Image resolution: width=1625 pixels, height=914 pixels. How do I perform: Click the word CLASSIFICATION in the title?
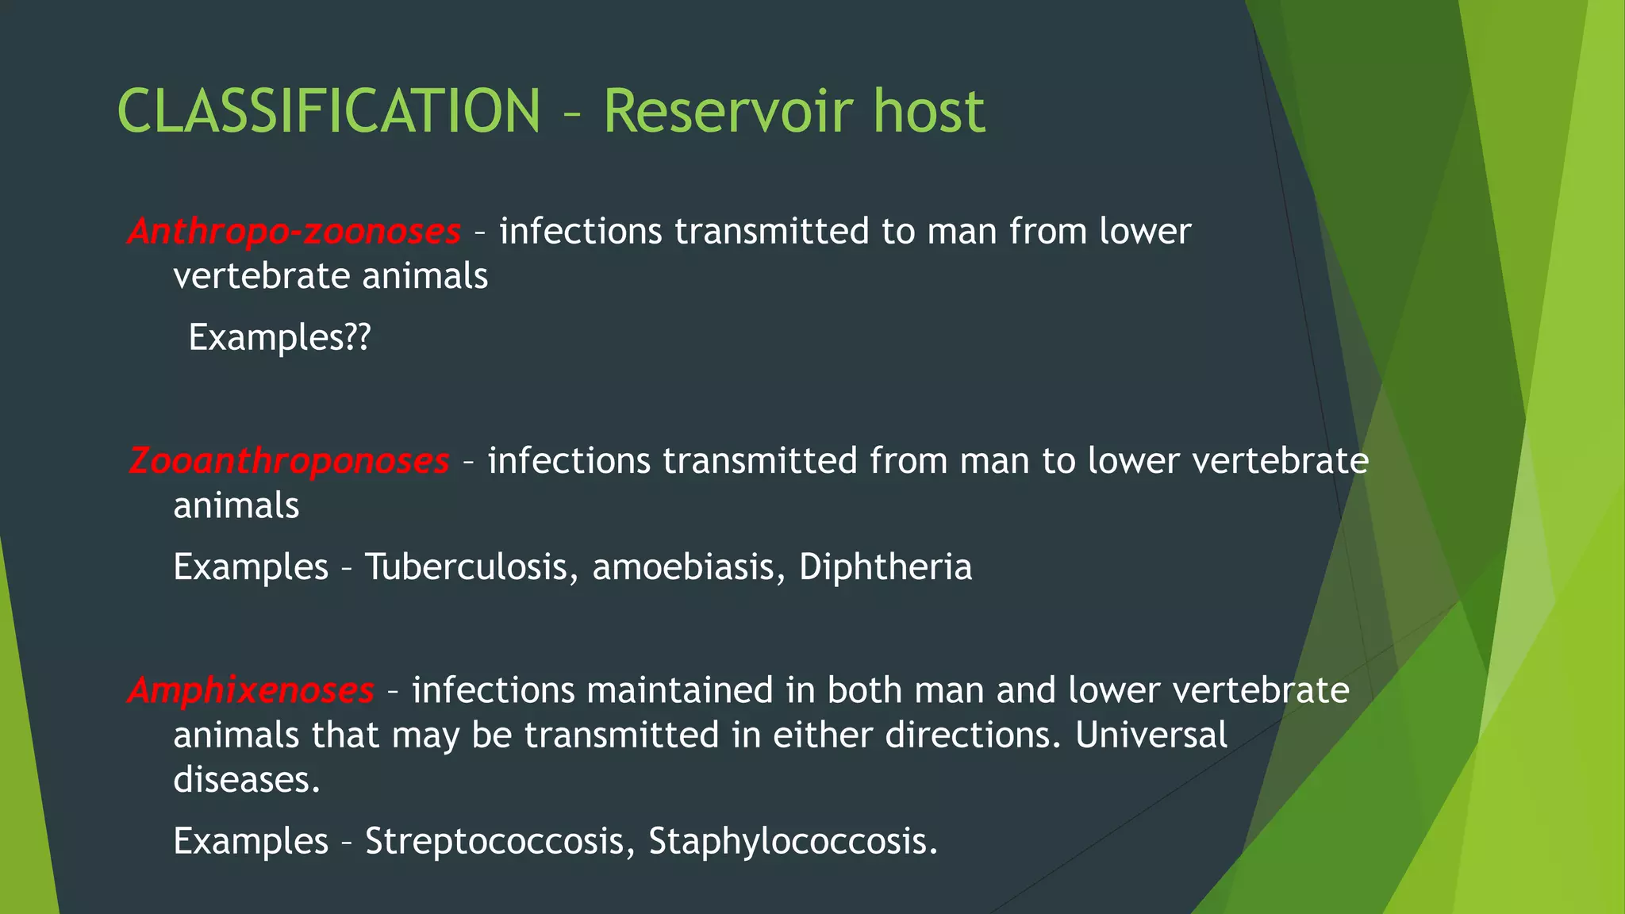(x=328, y=111)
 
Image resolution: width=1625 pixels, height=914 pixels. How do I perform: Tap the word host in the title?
(x=928, y=111)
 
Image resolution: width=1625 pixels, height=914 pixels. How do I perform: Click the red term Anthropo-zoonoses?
(x=294, y=232)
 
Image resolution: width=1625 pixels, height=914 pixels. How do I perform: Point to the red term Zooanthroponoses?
(x=289, y=461)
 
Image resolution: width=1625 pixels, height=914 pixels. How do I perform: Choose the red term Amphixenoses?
(x=251, y=690)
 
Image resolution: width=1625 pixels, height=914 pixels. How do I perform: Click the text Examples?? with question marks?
(x=279, y=338)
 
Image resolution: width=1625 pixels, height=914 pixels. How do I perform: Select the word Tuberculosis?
(x=466, y=567)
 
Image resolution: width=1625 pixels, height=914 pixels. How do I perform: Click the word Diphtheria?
(x=885, y=567)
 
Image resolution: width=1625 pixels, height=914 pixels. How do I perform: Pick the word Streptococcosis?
(x=494, y=841)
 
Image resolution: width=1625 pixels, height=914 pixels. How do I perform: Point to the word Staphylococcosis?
(x=793, y=841)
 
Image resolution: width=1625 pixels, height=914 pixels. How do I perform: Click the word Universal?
(x=1151, y=735)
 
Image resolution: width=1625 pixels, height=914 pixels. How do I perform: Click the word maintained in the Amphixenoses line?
(x=679, y=690)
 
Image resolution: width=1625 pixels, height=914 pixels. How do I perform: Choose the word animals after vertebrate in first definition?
(x=424, y=277)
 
